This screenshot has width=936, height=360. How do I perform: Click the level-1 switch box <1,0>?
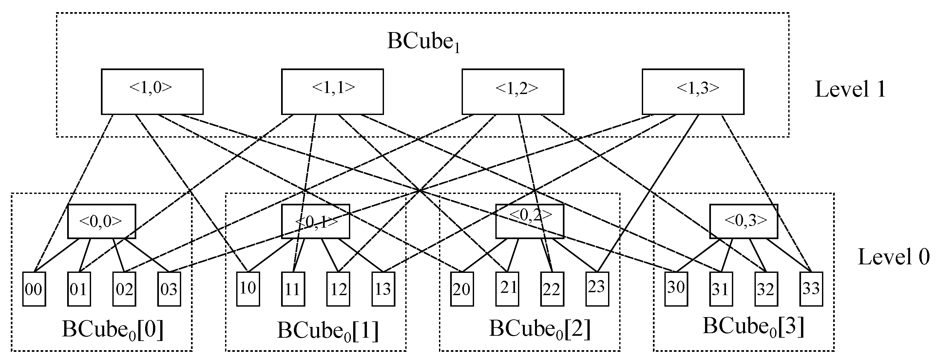coord(152,91)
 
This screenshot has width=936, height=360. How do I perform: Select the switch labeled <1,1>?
coord(332,91)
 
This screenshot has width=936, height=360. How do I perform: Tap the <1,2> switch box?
coord(512,91)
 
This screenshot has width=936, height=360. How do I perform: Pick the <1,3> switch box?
coord(693,91)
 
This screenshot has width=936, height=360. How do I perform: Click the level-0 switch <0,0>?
coord(101,221)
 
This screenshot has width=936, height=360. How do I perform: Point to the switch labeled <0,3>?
coord(743,221)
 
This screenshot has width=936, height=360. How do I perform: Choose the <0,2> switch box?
coord(529,221)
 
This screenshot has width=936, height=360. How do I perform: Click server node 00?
coord(34,289)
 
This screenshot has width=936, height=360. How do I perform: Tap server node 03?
coord(169,289)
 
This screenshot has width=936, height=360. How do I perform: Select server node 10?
coord(248,289)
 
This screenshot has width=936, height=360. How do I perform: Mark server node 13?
coord(383,289)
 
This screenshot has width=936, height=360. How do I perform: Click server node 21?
coord(507,289)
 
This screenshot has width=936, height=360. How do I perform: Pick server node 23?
coord(597,289)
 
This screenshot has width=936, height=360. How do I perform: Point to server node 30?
coord(676,289)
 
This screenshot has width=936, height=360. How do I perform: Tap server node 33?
coord(811,289)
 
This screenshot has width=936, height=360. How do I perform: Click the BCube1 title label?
coord(423,42)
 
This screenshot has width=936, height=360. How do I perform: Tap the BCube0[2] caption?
coord(540,329)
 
